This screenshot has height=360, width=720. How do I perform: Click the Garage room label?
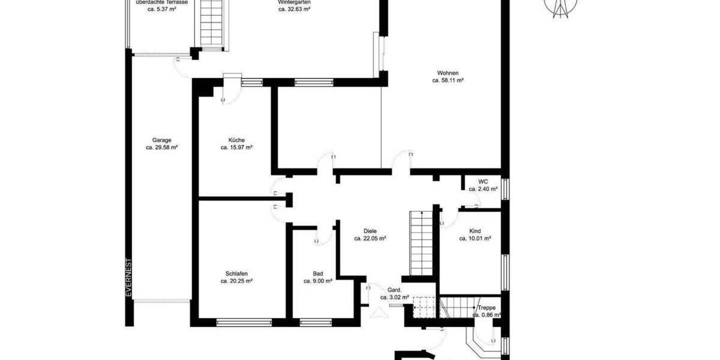click(162, 140)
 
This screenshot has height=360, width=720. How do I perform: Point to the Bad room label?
click(317, 273)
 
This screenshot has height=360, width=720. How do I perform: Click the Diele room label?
click(370, 230)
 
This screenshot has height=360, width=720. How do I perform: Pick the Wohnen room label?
click(448, 73)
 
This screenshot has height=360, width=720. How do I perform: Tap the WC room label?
click(483, 181)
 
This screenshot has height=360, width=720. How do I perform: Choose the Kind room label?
click(475, 230)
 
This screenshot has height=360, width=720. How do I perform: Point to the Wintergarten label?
click(294, 2)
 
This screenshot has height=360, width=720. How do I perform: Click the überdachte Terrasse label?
click(162, 2)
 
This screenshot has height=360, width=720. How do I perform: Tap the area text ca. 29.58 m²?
click(162, 148)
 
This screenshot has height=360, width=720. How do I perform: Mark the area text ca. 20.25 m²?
click(236, 281)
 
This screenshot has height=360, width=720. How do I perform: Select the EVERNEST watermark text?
click(128, 277)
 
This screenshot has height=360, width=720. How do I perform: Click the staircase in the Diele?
click(421, 241)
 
